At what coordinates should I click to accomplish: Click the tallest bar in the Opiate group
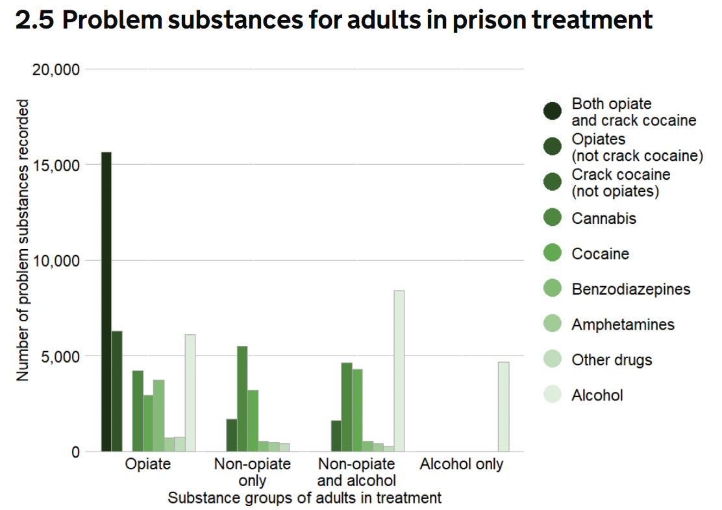[106, 302]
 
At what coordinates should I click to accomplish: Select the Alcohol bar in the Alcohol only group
[503, 406]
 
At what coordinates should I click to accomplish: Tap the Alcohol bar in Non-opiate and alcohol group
[399, 370]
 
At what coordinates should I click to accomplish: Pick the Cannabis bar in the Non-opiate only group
[242, 398]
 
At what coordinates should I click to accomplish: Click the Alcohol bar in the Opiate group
[190, 393]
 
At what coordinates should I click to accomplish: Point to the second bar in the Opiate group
[117, 391]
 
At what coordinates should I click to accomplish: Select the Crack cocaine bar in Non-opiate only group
[231, 435]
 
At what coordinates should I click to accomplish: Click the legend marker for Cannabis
[553, 218]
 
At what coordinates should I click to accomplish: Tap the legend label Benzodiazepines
[630, 289]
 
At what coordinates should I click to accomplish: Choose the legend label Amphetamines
[623, 324]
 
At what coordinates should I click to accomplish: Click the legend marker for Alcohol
[553, 395]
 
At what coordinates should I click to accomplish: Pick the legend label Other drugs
[612, 359]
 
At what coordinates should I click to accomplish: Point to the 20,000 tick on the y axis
[56, 69]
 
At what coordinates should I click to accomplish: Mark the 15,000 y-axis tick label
[56, 165]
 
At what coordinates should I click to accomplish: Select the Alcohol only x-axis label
[462, 465]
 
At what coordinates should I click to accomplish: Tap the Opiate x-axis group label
[148, 465]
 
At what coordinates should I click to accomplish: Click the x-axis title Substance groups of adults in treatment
[305, 498]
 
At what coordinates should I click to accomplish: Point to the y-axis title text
[23, 240]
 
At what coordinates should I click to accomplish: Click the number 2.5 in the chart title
[35, 21]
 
